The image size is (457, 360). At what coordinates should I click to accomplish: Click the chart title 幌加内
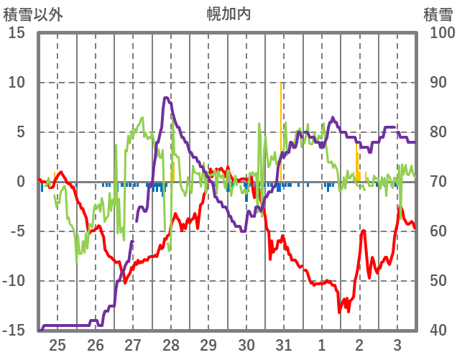point(228,14)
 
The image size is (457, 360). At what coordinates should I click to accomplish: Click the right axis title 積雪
point(438,14)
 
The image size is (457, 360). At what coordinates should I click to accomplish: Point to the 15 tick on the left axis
point(17,33)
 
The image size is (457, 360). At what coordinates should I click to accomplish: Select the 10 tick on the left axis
point(17,83)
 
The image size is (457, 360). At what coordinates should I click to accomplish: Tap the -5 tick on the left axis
point(17,231)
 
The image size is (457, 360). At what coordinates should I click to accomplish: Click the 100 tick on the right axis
point(442,33)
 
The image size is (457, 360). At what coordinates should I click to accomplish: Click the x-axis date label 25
point(57,344)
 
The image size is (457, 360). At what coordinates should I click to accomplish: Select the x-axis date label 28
point(171,344)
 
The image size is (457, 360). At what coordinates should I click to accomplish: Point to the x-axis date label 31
point(284,344)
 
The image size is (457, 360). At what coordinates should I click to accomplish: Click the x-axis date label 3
point(397,344)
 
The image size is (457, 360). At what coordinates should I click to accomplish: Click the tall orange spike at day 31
point(281,108)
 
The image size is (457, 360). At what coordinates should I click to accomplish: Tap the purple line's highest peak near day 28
point(166,98)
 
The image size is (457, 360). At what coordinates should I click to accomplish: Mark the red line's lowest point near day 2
point(340,311)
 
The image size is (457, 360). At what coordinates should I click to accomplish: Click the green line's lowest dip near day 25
point(77,260)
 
